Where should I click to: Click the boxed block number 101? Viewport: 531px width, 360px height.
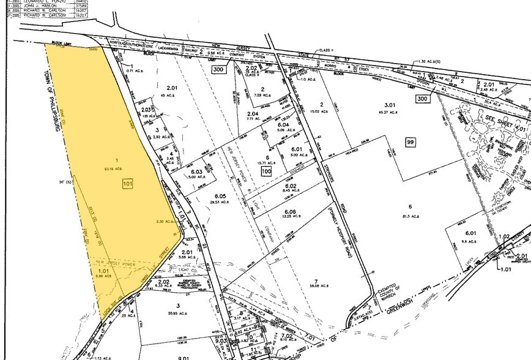128,183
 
